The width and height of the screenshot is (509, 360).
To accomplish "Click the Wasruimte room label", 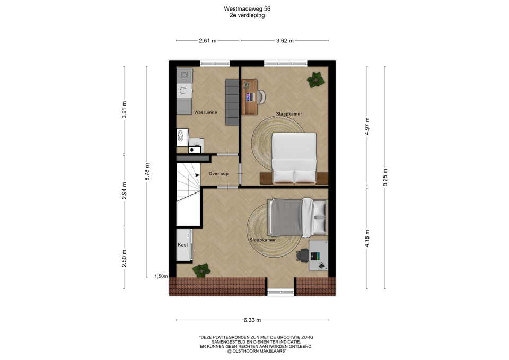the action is click(206, 112).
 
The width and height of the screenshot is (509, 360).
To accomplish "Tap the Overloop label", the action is click(218, 174).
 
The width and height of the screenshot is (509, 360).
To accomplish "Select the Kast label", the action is click(183, 245).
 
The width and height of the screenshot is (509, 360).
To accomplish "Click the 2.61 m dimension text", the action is click(208, 41).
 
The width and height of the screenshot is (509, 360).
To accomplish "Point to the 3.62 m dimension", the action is click(285, 41).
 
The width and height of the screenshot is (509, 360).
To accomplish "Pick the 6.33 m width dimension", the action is click(252, 320).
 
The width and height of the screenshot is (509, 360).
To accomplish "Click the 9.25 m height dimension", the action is click(385, 178).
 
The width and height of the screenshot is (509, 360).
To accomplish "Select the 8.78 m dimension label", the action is click(147, 172).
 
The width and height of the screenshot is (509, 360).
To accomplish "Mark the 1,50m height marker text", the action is click(161, 276).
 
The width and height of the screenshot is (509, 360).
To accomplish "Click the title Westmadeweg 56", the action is click(247, 9).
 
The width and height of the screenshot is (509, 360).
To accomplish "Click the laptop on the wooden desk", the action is click(250, 96).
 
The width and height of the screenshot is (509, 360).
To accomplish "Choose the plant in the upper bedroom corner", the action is click(315, 80).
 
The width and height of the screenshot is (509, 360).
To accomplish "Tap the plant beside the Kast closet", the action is click(201, 270).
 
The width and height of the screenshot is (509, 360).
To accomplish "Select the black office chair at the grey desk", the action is click(303, 256).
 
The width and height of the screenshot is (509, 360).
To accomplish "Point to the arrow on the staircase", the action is click(197, 175).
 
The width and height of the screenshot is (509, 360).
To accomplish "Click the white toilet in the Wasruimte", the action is click(182, 138).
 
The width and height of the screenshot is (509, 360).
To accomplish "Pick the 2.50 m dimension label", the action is click(124, 259).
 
